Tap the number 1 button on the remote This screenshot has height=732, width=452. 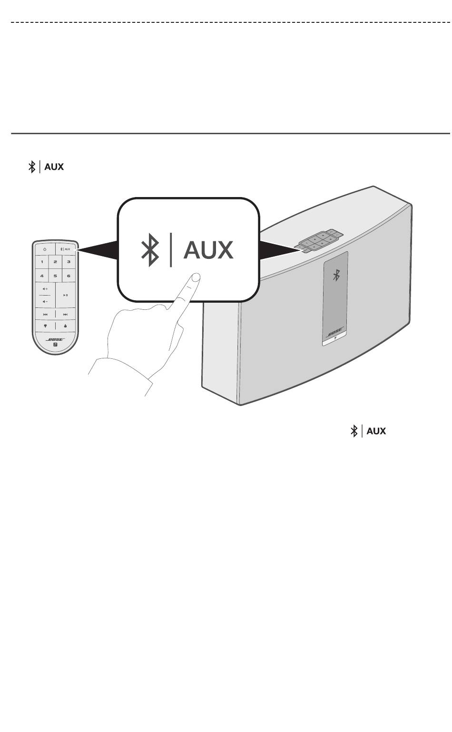tap(42, 262)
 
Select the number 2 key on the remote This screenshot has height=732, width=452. tap(55, 262)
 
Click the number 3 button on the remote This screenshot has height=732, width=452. tap(69, 262)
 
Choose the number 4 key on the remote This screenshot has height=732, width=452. tap(42, 276)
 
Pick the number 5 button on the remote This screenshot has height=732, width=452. tap(55, 276)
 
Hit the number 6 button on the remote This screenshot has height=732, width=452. tap(69, 276)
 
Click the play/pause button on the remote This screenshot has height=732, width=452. tap(66, 295)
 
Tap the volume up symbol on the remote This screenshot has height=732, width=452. tap(45, 289)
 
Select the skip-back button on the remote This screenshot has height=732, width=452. tap(45, 315)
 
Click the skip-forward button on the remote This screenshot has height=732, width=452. tap(66, 315)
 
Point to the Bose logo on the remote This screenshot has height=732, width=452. tap(55, 339)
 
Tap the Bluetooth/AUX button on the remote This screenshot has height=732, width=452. tap(66, 249)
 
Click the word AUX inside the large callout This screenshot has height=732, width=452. tap(208, 250)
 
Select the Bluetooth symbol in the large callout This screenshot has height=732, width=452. tap(150, 250)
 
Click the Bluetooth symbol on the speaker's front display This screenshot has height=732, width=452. tap(336, 275)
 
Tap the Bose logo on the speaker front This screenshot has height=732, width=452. tap(335, 332)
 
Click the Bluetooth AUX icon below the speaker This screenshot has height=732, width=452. tap(368, 431)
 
